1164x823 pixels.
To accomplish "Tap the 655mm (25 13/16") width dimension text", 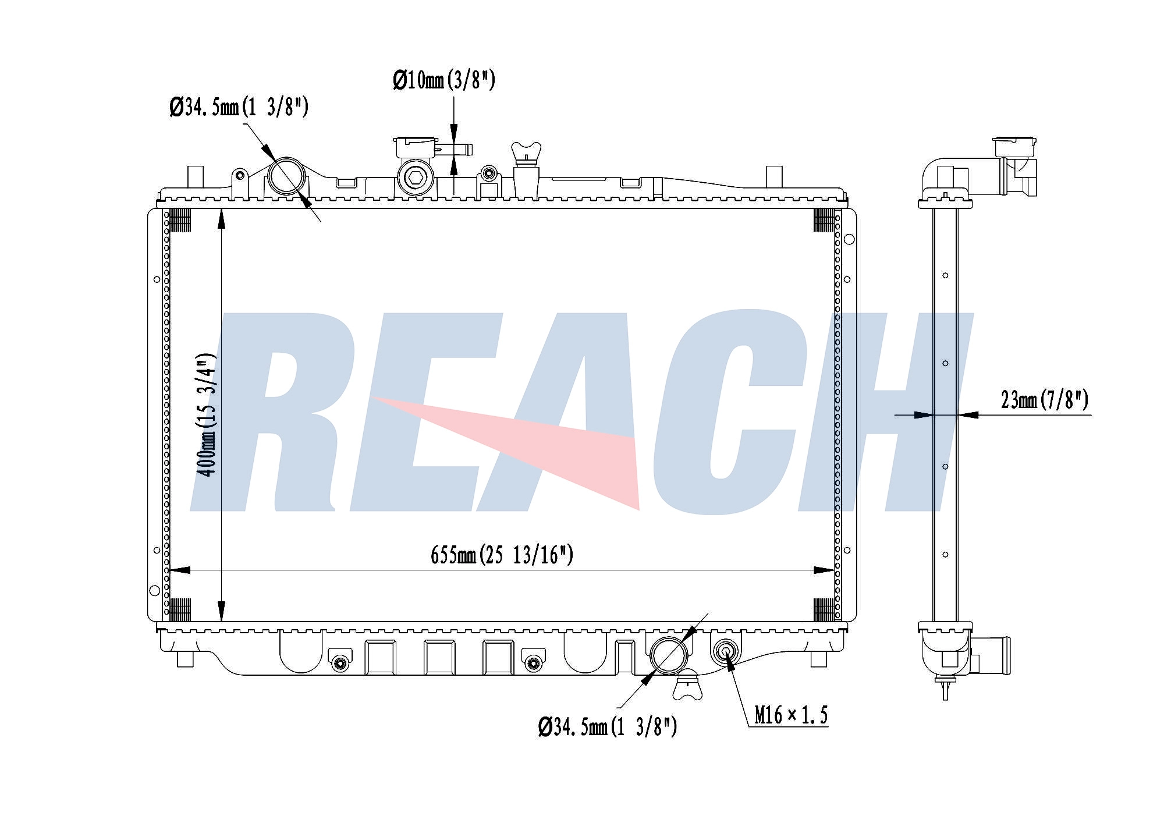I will (502, 555).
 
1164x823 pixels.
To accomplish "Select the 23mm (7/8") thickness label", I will (1044, 400).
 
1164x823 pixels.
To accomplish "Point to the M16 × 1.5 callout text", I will (791, 715).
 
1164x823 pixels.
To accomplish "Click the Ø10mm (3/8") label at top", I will (444, 80).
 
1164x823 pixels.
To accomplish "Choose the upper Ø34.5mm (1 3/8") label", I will (239, 107).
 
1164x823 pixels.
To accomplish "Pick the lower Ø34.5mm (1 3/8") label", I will (607, 726).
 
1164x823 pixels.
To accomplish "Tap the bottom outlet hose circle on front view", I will (669, 655).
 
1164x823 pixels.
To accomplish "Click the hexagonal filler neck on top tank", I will (416, 178).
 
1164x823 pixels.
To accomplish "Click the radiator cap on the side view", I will (1015, 147).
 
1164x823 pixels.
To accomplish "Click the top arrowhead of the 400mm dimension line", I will (221, 218).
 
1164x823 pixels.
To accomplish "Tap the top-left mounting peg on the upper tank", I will (195, 176).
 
